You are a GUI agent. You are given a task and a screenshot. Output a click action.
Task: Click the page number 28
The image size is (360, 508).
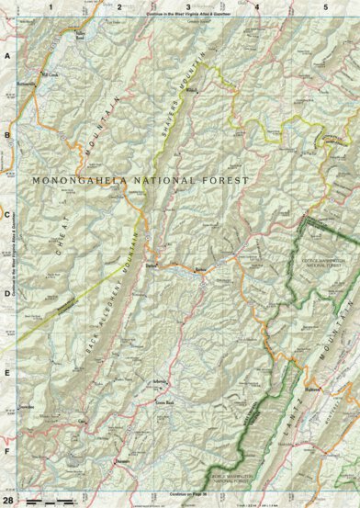click(7, 499)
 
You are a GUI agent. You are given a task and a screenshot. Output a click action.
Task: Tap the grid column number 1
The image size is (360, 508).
click(51, 6)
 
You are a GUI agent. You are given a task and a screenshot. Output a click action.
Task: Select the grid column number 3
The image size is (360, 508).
click(188, 6)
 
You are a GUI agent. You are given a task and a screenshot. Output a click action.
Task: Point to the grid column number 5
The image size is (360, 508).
click(325, 6)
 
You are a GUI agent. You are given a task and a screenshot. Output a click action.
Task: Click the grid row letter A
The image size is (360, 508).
click(7, 56)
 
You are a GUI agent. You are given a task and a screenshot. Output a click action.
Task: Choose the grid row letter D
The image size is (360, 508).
click(7, 295)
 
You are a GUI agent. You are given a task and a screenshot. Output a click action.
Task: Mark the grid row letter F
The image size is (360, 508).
click(7, 453)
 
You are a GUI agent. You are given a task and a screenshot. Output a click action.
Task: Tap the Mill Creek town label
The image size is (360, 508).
click(50, 73)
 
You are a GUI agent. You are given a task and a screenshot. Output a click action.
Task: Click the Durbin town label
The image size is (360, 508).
click(152, 265)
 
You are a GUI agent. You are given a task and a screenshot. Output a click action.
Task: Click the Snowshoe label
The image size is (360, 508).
click(28, 403)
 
